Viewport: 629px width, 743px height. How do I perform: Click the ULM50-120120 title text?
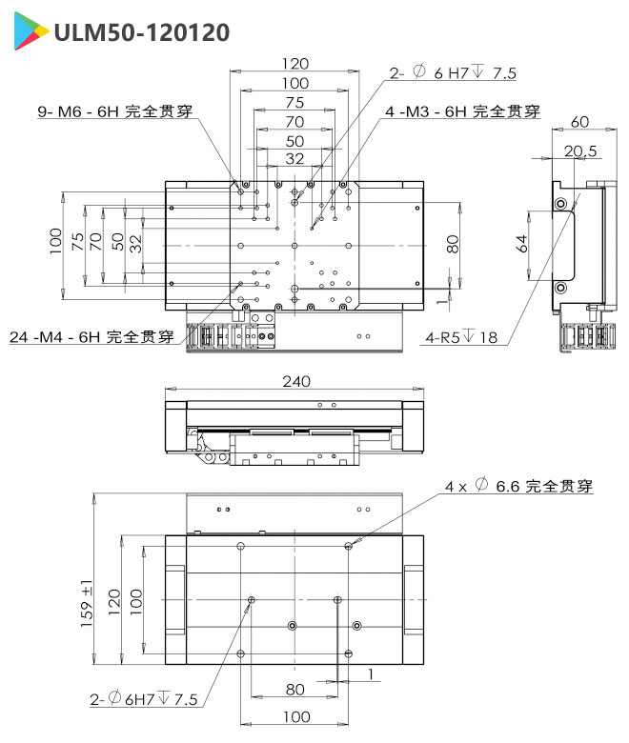(x=141, y=32)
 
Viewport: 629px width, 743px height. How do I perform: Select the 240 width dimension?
(x=295, y=381)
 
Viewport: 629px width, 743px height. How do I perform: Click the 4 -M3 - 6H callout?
(x=462, y=111)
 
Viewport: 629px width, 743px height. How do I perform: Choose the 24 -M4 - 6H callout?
(x=91, y=336)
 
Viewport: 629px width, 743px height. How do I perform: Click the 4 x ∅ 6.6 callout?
(x=519, y=486)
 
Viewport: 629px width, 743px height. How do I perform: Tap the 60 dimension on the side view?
(x=579, y=122)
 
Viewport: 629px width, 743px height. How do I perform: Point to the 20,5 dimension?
(x=579, y=151)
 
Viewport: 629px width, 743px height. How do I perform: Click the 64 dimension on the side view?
(x=521, y=244)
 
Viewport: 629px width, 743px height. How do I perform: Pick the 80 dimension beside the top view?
(x=453, y=244)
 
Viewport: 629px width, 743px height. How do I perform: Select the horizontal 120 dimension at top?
(x=295, y=64)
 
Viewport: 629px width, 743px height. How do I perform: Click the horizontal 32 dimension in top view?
(x=295, y=159)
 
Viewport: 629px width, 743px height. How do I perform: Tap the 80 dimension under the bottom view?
(x=294, y=689)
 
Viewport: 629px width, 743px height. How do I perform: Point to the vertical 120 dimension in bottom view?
(x=114, y=600)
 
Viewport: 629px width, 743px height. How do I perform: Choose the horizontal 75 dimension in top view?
(x=295, y=102)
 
